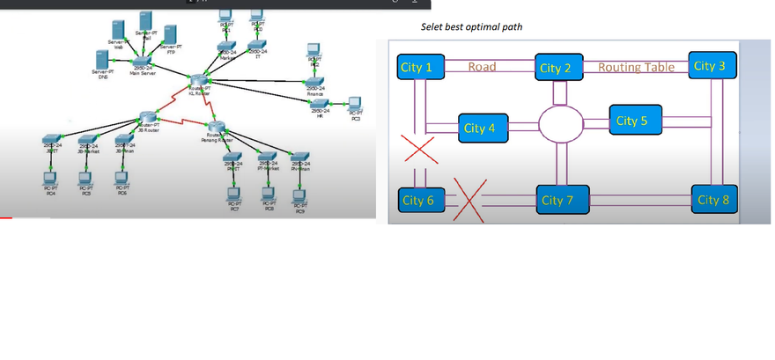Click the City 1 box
pos(417,67)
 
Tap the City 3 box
pos(710,66)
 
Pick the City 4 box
pos(480,128)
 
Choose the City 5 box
pos(633,120)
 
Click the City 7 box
pos(557,200)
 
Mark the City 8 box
pos(713,200)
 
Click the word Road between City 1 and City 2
pos(483,67)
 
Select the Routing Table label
pos(637,67)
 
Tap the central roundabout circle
pos(560,125)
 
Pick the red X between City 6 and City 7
pos(468,199)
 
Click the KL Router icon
pos(198,82)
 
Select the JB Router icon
pos(147,117)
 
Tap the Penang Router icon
pos(218,128)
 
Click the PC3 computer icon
pos(355,103)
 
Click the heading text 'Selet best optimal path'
pos(471,27)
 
